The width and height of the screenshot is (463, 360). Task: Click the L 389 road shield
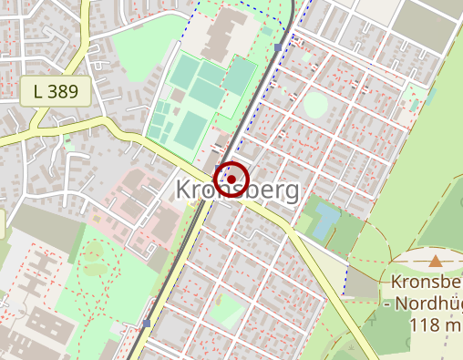[x=55, y=90]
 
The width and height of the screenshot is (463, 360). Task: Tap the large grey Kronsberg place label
[x=236, y=190]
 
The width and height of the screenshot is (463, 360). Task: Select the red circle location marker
[x=231, y=177]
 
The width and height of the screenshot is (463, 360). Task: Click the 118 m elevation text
[x=436, y=324]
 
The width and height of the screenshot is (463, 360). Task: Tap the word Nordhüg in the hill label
[x=428, y=303]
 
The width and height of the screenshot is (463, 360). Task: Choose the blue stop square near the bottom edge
[x=147, y=323]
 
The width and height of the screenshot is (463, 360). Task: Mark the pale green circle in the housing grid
[x=315, y=105]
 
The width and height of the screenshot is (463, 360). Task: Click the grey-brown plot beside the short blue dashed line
[x=363, y=286]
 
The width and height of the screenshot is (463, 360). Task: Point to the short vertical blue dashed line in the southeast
[x=347, y=280]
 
